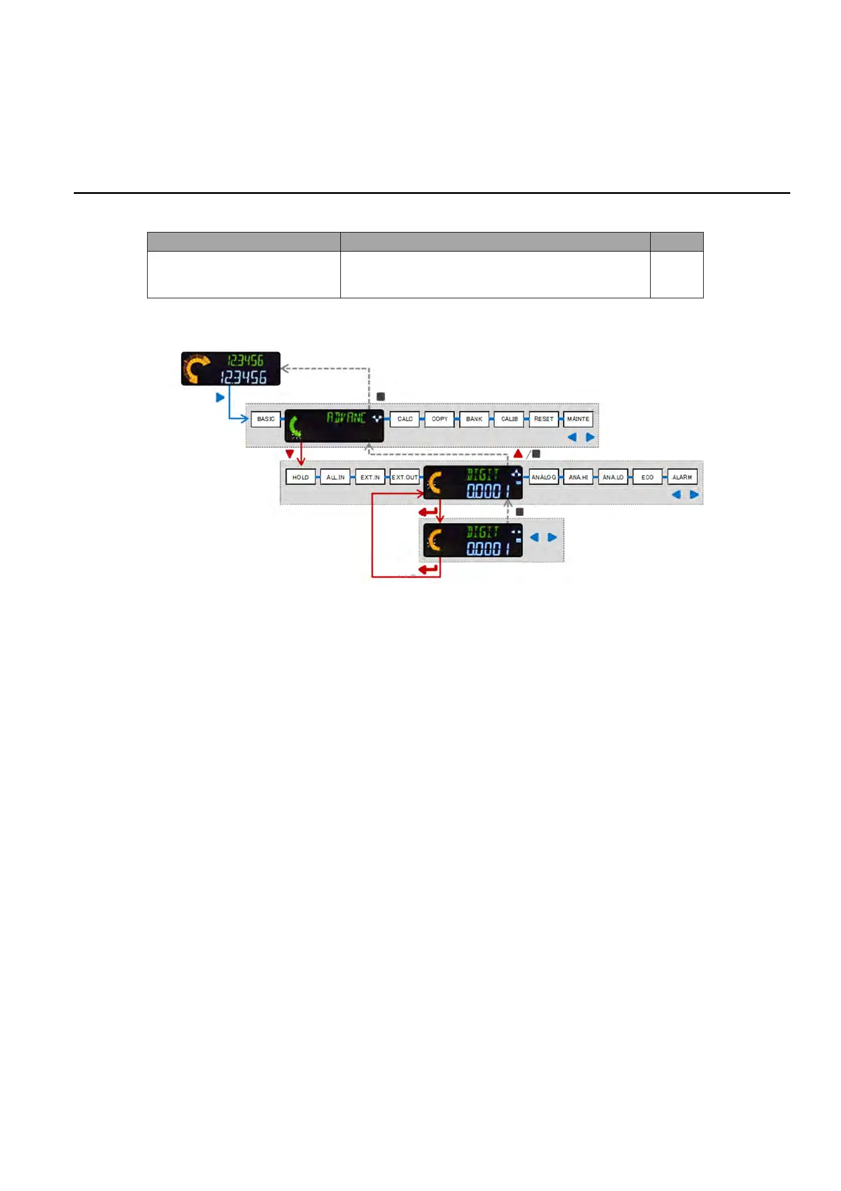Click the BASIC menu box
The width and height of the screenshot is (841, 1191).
coord(266,419)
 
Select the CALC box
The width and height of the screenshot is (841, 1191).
coord(405,419)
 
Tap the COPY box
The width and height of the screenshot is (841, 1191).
coord(440,419)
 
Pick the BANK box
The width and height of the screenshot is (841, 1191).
coord(474,419)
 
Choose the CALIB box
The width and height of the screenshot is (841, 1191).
coord(509,419)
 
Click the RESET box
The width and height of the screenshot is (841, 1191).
coord(544,419)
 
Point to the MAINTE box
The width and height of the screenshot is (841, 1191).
coord(578,419)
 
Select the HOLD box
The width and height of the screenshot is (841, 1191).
coord(301,477)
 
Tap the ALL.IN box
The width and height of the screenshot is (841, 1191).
coord(335,477)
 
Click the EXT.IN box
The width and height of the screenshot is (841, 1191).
coord(370,477)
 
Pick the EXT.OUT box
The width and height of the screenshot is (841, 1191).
coord(404,477)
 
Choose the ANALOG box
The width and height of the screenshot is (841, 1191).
coord(544,477)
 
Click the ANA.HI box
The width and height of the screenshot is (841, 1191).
coord(579,477)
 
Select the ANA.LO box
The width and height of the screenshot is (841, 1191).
coord(613,477)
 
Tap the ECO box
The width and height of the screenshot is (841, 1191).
coord(648,477)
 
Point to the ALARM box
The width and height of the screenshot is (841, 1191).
coord(682,477)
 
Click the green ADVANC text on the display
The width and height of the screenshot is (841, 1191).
coord(346,418)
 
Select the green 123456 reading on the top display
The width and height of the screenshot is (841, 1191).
coord(245,361)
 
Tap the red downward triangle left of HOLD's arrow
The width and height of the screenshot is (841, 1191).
coord(290,454)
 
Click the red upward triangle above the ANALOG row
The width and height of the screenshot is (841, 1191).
coord(518,454)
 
